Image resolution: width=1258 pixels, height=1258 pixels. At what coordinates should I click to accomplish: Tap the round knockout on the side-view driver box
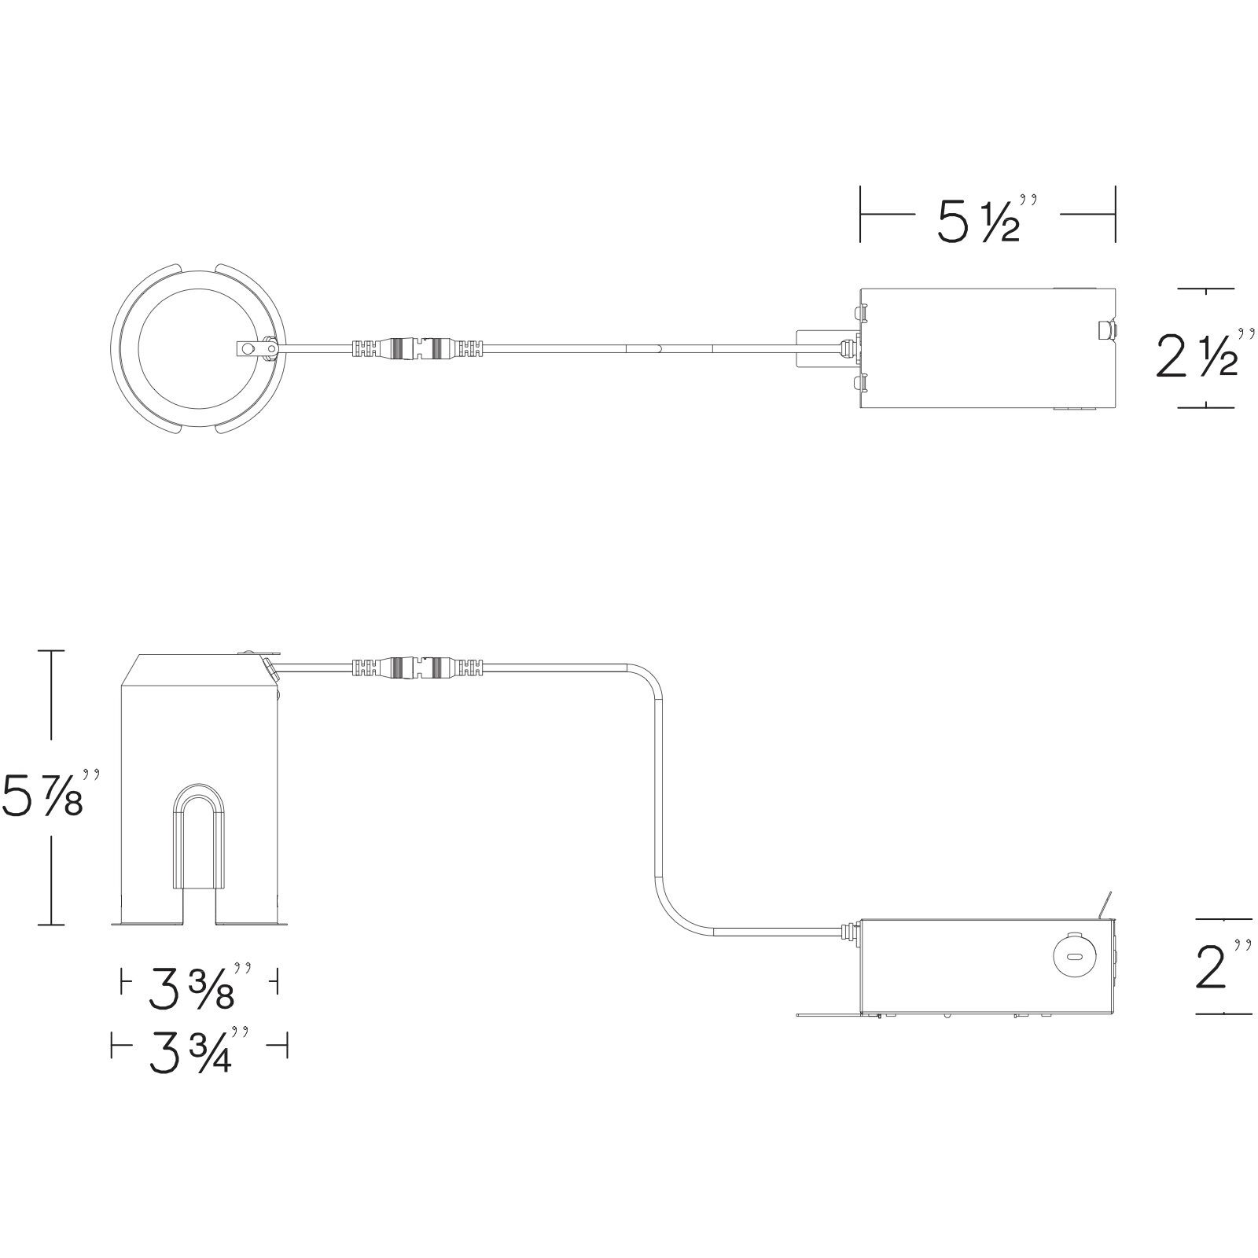(1071, 955)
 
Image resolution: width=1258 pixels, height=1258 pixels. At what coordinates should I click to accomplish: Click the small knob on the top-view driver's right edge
(1105, 330)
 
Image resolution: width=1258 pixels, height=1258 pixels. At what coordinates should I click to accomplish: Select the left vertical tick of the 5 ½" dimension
(861, 215)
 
